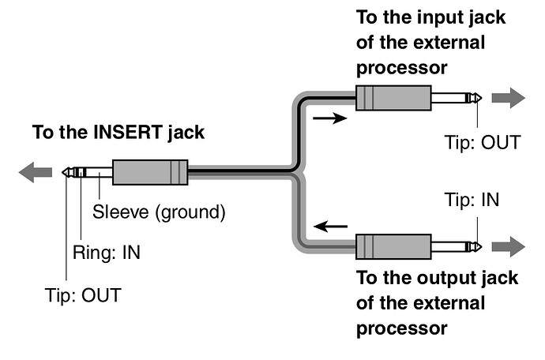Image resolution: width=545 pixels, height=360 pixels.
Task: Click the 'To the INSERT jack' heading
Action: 118,132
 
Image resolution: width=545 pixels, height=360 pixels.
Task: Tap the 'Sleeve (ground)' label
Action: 159,212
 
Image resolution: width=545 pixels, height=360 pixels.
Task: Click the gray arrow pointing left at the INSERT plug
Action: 36,172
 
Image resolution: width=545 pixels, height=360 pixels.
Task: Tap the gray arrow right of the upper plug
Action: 507,98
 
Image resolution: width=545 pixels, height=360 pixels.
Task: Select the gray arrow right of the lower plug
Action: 507,246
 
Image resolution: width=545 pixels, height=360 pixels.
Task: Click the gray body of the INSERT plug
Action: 150,172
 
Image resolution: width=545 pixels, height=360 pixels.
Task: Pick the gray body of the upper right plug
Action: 393,99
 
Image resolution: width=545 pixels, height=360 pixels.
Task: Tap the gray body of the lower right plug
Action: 393,246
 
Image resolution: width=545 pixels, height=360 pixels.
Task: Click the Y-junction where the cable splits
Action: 295,172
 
